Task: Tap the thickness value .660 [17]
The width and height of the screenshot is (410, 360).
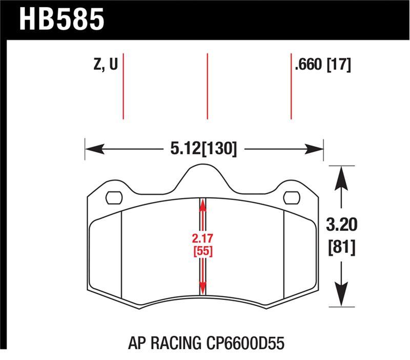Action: pos(322,65)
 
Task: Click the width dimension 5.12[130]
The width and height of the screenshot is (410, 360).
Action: pos(204,149)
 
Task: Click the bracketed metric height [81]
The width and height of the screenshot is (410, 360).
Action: pos(341,247)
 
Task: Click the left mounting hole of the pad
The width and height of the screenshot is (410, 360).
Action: pos(113,197)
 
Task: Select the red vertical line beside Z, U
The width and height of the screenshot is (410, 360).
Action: pos(124,85)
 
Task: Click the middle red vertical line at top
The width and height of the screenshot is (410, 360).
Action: pos(207,85)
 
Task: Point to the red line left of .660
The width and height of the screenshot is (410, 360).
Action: pos(291,85)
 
